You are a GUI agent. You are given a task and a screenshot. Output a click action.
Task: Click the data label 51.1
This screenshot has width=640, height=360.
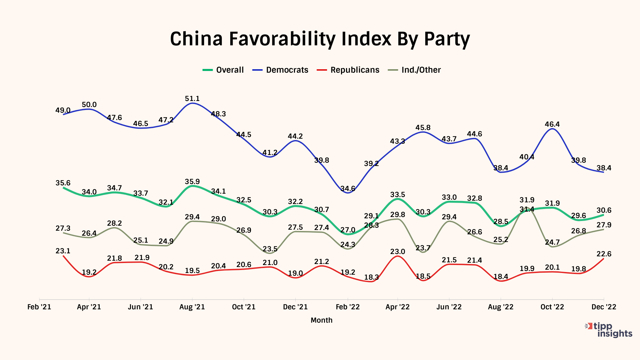coord(192,99)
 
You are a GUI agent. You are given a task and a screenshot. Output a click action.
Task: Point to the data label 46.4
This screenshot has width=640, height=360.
coord(552,124)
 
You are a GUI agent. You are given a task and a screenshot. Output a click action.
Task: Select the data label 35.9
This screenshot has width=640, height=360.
coord(192,182)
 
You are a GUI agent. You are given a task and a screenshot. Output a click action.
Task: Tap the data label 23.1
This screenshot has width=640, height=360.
coord(63,251)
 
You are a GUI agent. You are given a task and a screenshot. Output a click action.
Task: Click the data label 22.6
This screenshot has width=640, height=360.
coord(604,254)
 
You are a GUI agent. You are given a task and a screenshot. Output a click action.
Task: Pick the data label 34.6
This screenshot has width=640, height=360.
coord(348,189)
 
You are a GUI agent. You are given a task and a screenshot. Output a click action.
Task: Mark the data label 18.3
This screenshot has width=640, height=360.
coord(371,277)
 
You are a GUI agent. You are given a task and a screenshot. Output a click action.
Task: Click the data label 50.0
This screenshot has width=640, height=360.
coord(89,105)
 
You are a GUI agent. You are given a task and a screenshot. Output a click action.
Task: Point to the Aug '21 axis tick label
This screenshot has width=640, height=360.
coord(192,307)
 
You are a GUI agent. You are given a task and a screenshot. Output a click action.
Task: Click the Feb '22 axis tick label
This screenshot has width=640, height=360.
coord(348,307)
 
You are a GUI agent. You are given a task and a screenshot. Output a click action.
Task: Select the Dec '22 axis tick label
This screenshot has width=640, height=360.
coord(604,307)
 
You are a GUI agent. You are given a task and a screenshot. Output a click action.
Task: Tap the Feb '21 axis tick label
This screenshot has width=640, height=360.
coord(39,307)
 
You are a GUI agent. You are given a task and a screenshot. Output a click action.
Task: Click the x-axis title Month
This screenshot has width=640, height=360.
coord(321,320)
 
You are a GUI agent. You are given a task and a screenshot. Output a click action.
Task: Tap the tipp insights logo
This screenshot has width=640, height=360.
coord(609,330)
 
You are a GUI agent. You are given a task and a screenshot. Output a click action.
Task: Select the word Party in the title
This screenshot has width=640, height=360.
coord(447,39)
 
